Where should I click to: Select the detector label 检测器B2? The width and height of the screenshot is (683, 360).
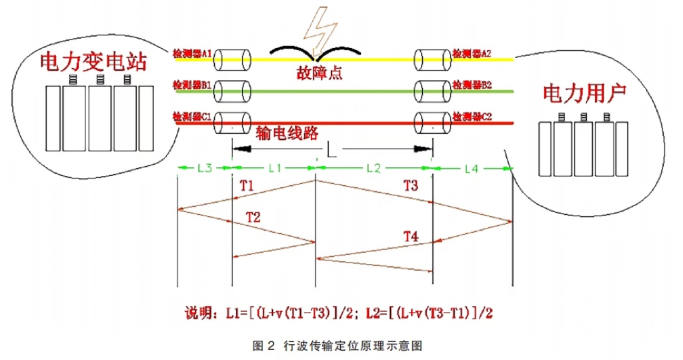472,86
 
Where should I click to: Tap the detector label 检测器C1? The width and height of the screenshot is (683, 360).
192,117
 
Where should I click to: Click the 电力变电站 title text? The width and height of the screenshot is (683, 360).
93,63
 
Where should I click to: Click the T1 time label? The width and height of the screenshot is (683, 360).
247,186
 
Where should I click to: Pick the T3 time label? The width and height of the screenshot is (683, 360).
412,186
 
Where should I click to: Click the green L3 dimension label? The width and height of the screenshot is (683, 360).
204,168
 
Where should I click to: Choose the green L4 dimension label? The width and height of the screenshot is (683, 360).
472,168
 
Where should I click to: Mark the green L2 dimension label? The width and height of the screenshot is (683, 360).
373,168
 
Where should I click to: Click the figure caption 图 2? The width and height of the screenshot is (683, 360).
259,345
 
